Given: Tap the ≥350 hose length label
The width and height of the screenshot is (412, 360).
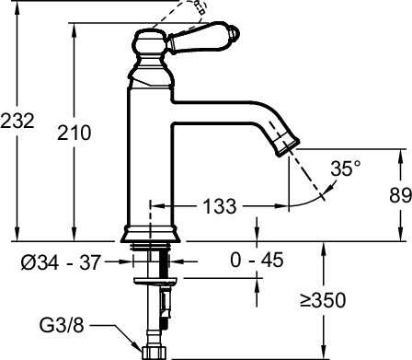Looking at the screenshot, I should tap(349, 300).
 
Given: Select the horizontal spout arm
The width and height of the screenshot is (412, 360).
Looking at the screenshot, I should tap(221, 112).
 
